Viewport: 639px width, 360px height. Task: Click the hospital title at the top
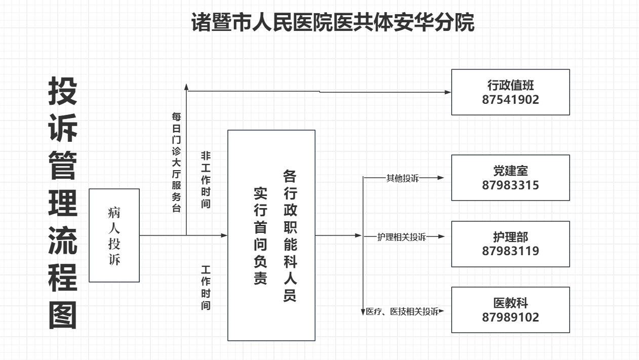[333, 23]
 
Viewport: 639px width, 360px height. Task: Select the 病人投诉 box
[114, 235]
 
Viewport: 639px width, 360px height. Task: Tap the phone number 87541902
[510, 100]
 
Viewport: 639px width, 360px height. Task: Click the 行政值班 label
[510, 85]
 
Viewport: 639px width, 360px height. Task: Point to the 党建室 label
[510, 171]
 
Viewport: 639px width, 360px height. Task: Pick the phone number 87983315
[510, 185]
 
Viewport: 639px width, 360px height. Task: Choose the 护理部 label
[510, 236]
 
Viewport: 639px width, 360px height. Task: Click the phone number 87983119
[510, 251]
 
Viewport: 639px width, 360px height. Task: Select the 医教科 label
[510, 303]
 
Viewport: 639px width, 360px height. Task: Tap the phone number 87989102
[510, 317]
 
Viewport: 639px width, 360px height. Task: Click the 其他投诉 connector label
[403, 178]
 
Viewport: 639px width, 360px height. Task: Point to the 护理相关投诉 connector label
[402, 237]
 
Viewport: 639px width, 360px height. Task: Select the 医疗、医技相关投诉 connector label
[402, 312]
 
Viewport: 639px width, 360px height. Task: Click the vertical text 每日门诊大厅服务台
[176, 162]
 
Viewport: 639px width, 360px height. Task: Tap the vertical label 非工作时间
[206, 180]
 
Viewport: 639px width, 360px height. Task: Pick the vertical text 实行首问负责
[260, 235]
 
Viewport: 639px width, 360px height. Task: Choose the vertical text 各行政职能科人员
[290, 235]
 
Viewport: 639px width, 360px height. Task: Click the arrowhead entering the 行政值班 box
[448, 92]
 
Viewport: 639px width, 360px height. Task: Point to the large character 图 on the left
[63, 316]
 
